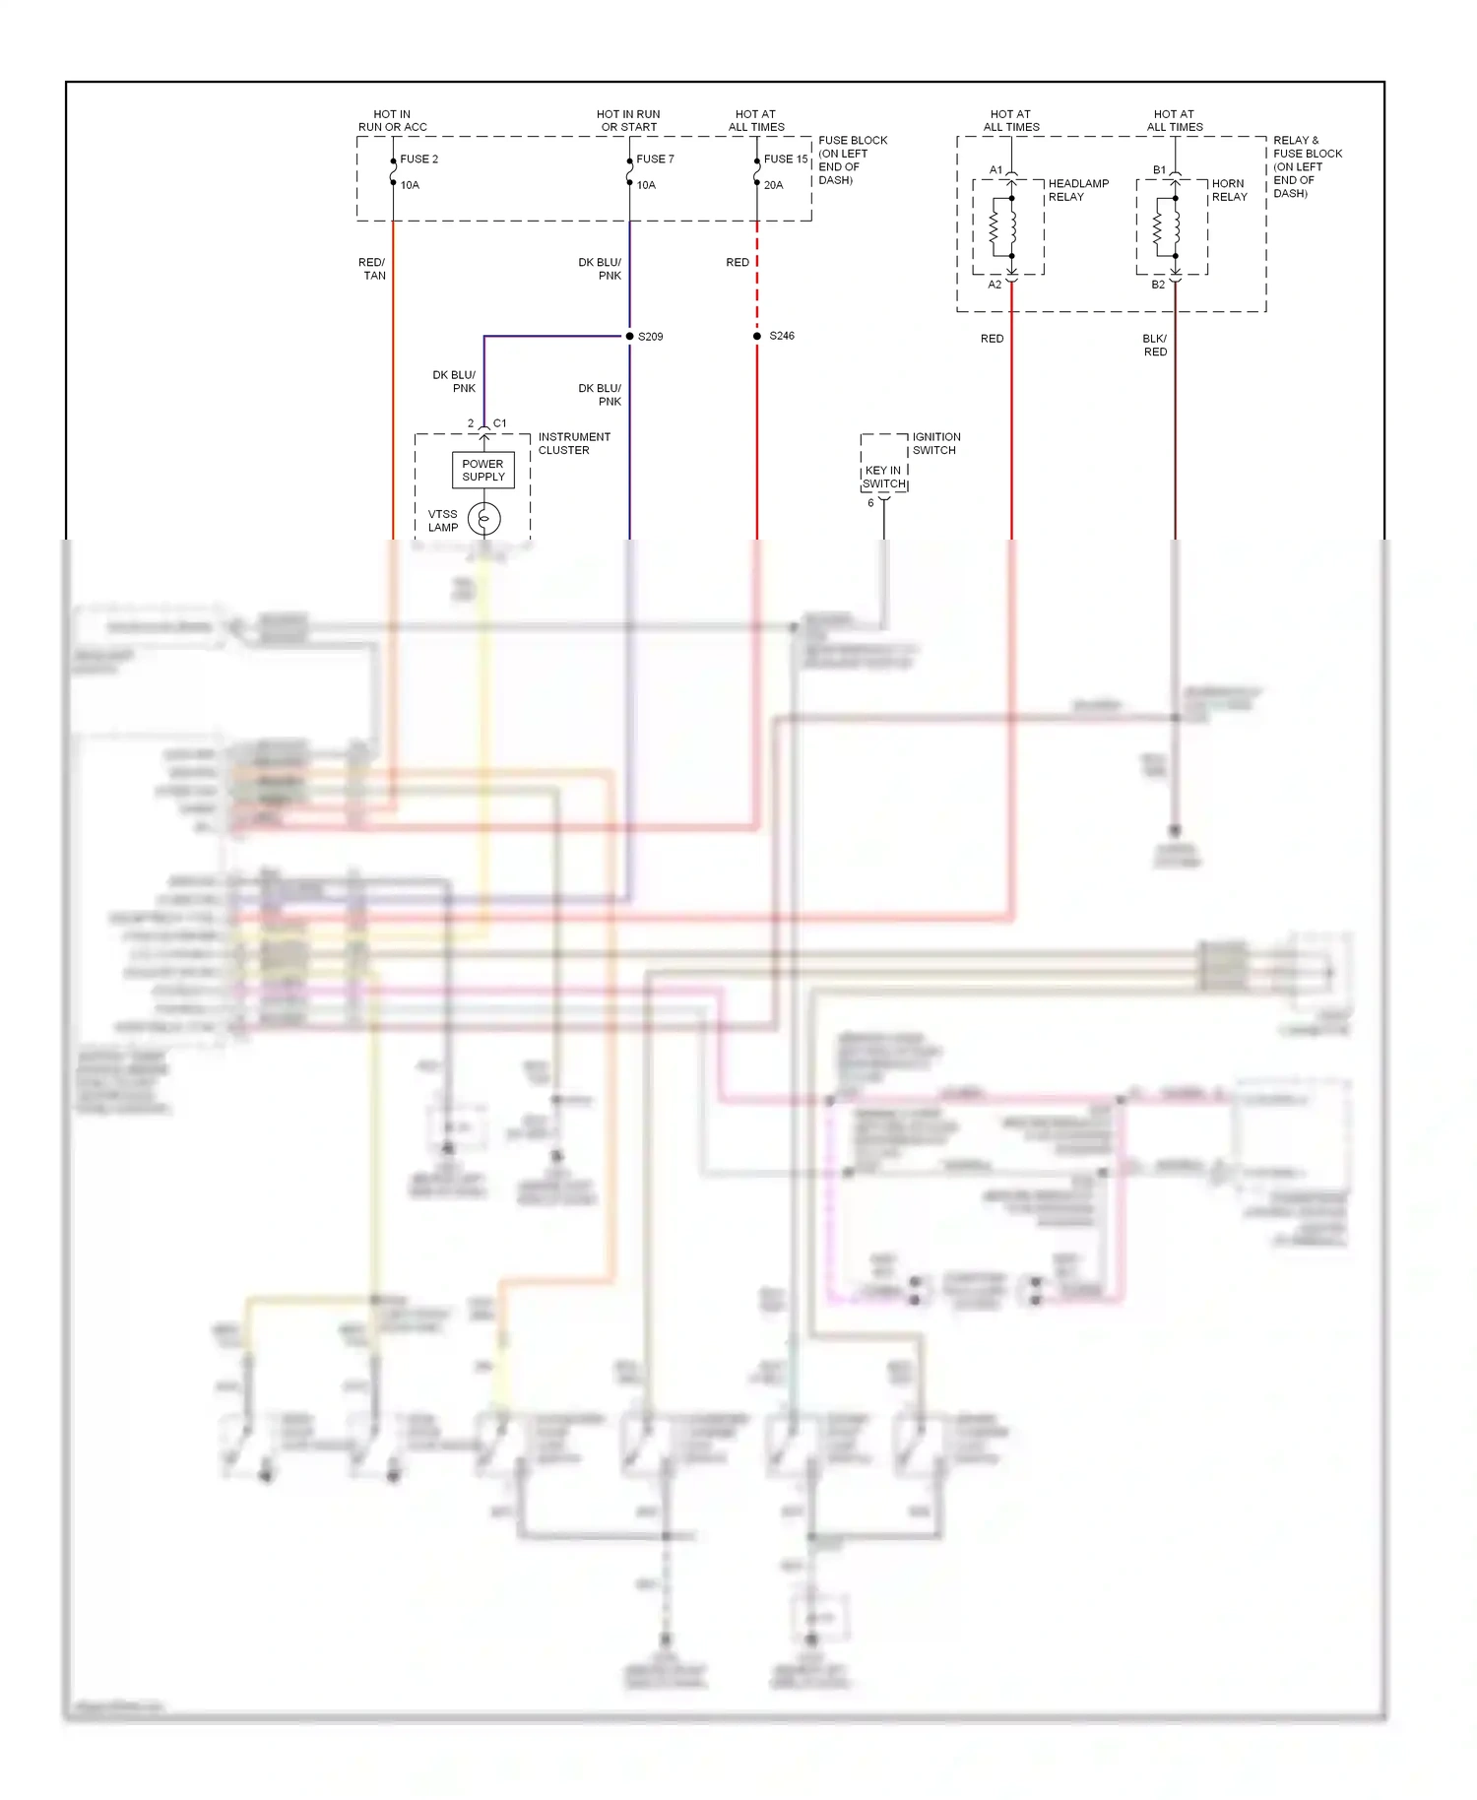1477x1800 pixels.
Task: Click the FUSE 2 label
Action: pyautogui.click(x=418, y=159)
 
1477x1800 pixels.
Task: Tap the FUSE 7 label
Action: pyautogui.click(x=655, y=159)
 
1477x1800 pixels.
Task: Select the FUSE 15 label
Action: pyautogui.click(x=786, y=159)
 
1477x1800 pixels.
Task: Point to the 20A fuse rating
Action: pyautogui.click(x=774, y=185)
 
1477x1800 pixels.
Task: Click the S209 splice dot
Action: pyautogui.click(x=630, y=337)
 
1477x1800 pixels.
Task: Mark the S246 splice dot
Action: pyautogui.click(x=757, y=337)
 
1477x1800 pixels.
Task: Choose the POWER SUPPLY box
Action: pyautogui.click(x=482, y=470)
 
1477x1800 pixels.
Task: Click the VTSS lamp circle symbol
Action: pyautogui.click(x=483, y=519)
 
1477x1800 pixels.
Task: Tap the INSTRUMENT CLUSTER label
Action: pyautogui.click(x=574, y=443)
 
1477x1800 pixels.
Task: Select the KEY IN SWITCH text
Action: pyautogui.click(x=884, y=477)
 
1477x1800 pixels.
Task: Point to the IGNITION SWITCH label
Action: pyautogui.click(x=935, y=443)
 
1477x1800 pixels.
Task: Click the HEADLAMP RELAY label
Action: pyautogui.click(x=1078, y=190)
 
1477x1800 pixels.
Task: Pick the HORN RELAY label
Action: pyautogui.click(x=1229, y=190)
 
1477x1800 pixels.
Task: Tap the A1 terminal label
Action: pyautogui.click(x=995, y=170)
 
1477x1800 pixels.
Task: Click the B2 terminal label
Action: pyautogui.click(x=1158, y=285)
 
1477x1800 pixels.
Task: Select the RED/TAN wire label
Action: pyautogui.click(x=372, y=269)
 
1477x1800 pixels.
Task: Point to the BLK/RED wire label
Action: pyautogui.click(x=1155, y=345)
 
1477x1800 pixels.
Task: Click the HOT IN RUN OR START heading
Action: pyautogui.click(x=628, y=120)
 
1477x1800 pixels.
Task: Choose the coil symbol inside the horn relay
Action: pyautogui.click(x=1158, y=227)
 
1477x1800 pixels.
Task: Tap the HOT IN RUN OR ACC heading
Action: pyautogui.click(x=392, y=120)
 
